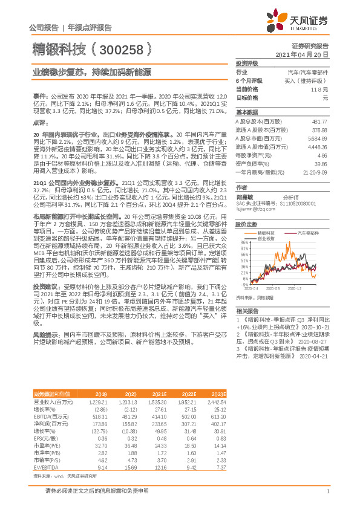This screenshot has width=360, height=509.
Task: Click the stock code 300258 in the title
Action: point(120,48)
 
